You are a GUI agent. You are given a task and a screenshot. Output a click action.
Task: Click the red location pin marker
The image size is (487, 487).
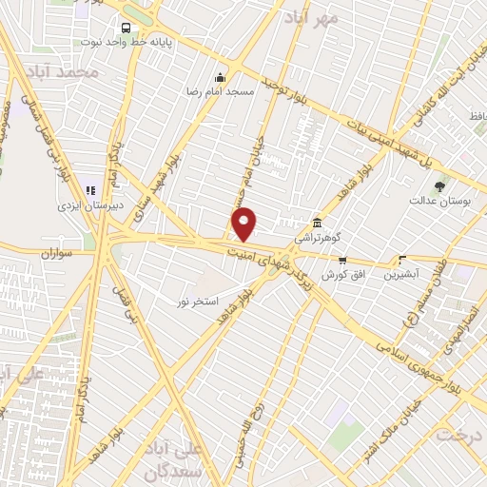(244, 224)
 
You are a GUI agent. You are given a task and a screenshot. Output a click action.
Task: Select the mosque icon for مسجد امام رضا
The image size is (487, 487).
(222, 77)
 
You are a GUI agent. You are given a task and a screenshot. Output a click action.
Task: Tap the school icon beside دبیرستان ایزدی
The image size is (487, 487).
(91, 189)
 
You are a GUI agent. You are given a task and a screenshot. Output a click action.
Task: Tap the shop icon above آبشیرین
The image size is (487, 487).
(403, 259)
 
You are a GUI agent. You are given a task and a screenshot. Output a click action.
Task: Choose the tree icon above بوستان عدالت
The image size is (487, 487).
(438, 186)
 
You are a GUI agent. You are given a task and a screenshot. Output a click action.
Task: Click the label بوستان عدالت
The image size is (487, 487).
(436, 203)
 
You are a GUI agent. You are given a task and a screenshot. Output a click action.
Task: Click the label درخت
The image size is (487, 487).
(460, 434)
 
